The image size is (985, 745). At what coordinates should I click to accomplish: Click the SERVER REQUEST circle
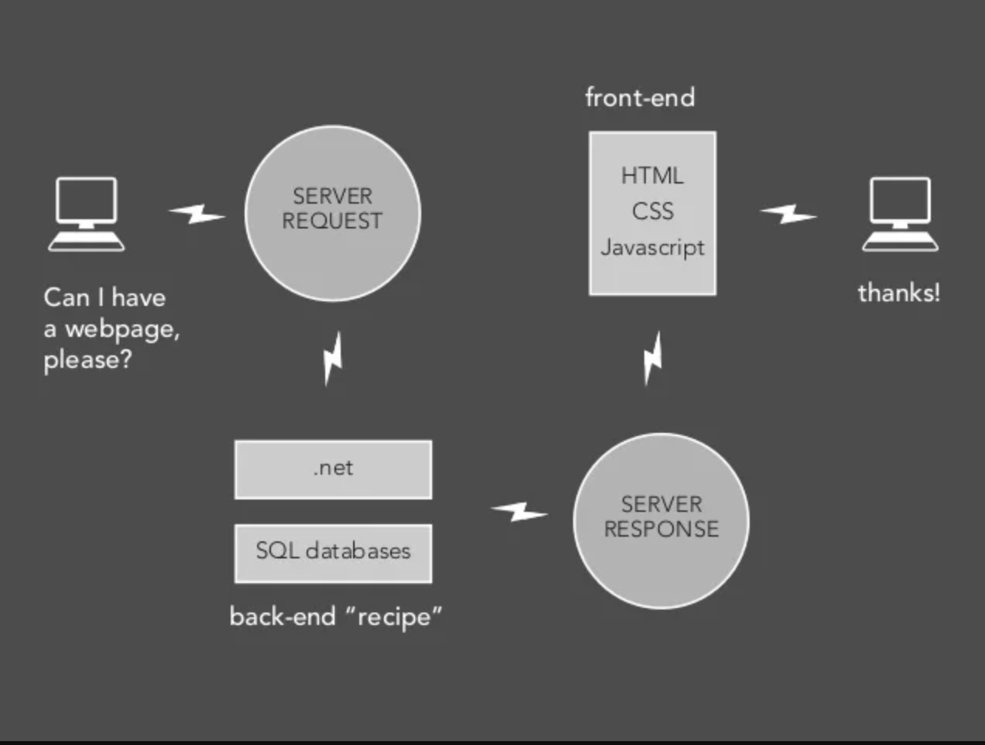pos(332,213)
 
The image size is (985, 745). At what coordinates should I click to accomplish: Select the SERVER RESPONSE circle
pos(661,520)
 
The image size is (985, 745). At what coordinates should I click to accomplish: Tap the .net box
pos(333,469)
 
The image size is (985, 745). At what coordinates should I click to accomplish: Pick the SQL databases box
pos(333,553)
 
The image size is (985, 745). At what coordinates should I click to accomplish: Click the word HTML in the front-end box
pos(652,176)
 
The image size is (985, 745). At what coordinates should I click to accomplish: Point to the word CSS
pos(652,211)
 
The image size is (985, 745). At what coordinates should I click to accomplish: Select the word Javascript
pos(652,248)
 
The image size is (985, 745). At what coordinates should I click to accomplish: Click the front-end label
pos(640,98)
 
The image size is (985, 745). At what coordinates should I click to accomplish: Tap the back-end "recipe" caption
pos(336,616)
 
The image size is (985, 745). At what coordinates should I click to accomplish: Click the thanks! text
pos(898,293)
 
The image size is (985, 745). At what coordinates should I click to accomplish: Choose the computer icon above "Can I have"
pos(86,214)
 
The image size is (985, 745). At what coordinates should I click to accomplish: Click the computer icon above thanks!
pos(900,214)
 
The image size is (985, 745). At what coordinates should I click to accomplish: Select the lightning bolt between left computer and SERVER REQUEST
pos(197,213)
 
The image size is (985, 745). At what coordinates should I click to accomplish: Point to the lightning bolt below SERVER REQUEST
pos(333,359)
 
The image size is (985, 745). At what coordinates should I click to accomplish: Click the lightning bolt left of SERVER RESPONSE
pos(520,511)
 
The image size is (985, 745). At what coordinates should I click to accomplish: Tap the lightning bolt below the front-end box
pos(653,359)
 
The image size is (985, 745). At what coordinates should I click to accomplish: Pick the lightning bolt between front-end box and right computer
pos(788,213)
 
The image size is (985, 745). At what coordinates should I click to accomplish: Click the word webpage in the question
pos(122,329)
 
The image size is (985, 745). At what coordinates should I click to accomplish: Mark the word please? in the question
pos(88,360)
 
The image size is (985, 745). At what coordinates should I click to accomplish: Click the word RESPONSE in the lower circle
pos(661,530)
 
